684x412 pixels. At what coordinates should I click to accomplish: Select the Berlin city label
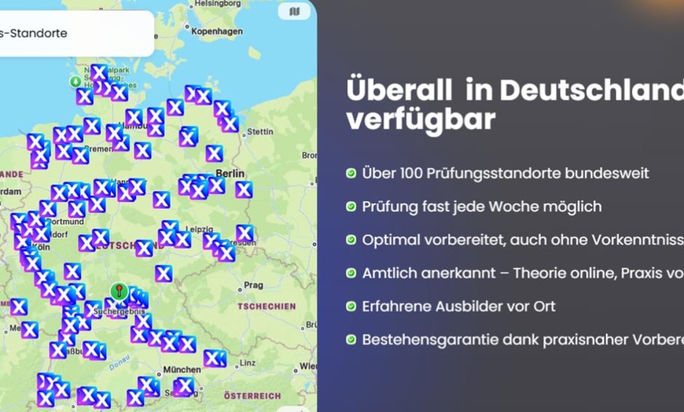[230, 172]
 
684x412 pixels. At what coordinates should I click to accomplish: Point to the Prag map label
[253, 285]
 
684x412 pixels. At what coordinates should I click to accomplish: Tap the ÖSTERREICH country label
[252, 395]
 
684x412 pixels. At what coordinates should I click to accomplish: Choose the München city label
[182, 369]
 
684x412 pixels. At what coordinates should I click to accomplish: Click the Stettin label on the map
[259, 131]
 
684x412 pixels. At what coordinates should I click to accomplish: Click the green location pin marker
[119, 292]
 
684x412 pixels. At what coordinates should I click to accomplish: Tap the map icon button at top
[294, 12]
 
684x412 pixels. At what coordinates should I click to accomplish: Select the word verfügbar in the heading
[421, 120]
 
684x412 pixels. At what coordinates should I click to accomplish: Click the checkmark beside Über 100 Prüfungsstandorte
[351, 173]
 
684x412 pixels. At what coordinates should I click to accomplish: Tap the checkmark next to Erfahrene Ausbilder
[351, 307]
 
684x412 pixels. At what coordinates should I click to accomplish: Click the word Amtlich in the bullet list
[391, 273]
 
